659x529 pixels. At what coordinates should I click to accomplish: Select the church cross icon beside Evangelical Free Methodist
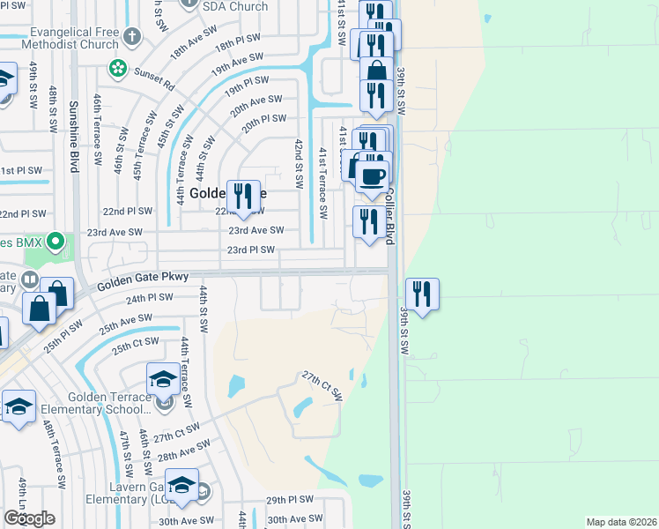click(x=132, y=37)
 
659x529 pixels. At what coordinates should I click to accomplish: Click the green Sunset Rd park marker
click(x=116, y=67)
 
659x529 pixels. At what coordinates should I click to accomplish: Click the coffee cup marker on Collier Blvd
click(x=372, y=175)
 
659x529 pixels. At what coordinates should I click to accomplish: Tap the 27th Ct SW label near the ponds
click(x=322, y=385)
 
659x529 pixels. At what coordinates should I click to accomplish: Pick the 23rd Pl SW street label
click(x=252, y=250)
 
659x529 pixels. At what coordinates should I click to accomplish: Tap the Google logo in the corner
click(x=30, y=518)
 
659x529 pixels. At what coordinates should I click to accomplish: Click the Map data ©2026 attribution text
click(x=620, y=522)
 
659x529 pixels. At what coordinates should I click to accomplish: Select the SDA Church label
click(x=234, y=6)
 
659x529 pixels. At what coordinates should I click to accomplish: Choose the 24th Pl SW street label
click(x=147, y=299)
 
